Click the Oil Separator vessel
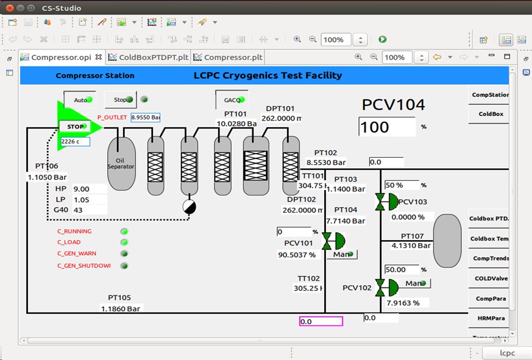point(121,163)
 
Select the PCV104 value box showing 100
point(386,127)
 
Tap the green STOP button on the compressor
point(76,127)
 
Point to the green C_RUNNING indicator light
point(124,231)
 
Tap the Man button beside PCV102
point(416,283)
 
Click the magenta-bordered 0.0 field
point(321,321)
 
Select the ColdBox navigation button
point(490,114)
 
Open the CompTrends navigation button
point(490,258)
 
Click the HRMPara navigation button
point(490,318)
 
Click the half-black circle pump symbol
point(190,207)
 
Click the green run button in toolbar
point(382,40)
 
